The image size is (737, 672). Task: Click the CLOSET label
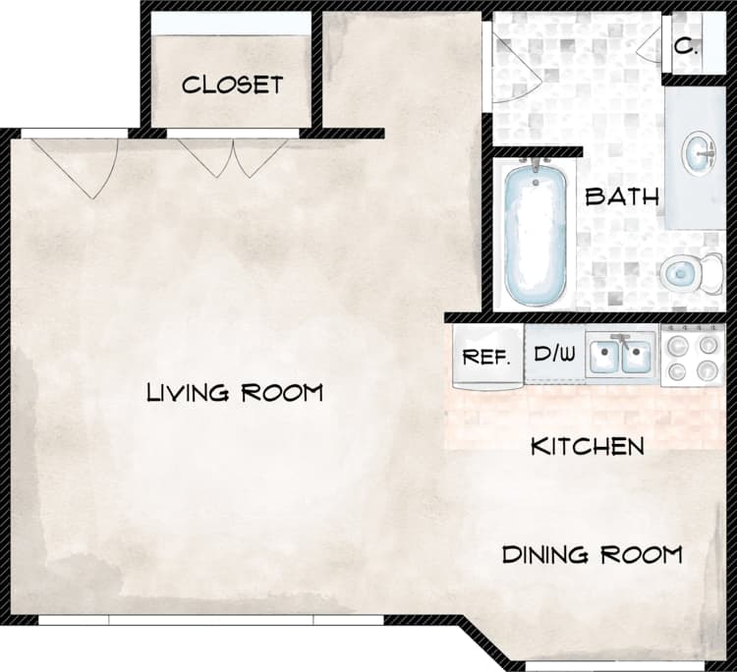[232, 84]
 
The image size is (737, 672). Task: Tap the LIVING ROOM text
[235, 393]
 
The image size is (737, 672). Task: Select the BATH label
[621, 196]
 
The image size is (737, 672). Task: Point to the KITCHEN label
[588, 447]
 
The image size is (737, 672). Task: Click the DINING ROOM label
[592, 555]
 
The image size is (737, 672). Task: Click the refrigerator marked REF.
[486, 357]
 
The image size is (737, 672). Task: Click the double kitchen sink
[621, 356]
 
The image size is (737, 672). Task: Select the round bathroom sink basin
[702, 152]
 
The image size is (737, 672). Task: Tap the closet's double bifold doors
[233, 155]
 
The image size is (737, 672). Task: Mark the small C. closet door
[651, 44]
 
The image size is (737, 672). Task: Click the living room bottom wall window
[210, 620]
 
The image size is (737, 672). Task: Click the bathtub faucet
[536, 165]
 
